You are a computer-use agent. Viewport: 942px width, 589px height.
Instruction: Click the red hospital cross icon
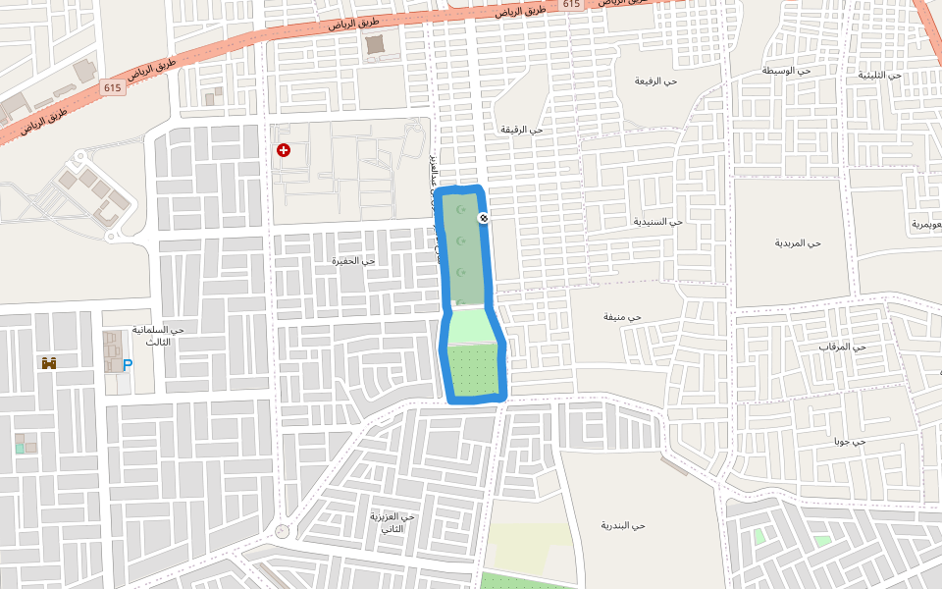(x=284, y=150)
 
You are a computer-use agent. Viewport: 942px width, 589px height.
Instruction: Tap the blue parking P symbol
(x=128, y=364)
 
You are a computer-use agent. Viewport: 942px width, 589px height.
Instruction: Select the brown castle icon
(x=49, y=363)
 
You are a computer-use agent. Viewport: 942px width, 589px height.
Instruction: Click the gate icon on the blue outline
(x=483, y=217)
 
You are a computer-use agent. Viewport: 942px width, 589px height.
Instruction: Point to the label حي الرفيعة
(x=655, y=80)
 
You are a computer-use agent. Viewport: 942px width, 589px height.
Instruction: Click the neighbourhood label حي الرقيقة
(x=521, y=130)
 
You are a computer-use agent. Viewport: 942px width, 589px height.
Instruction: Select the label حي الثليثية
(x=879, y=75)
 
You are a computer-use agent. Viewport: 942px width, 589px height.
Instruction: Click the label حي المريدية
(x=796, y=242)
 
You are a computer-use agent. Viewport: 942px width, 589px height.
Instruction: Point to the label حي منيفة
(x=621, y=317)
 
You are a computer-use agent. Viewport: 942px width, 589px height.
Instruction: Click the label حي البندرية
(x=623, y=525)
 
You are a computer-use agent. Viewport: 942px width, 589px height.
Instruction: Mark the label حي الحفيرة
(x=353, y=260)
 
